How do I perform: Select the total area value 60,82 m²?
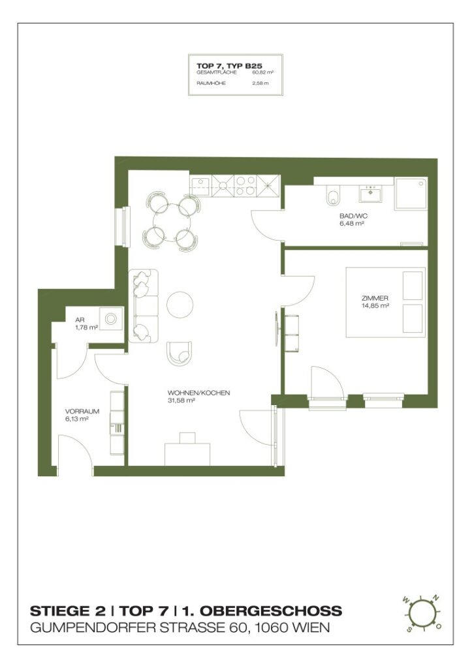262,74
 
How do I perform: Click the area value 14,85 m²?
375,305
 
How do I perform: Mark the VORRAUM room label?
82,412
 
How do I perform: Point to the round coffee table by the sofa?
180,304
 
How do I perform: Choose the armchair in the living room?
178,353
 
